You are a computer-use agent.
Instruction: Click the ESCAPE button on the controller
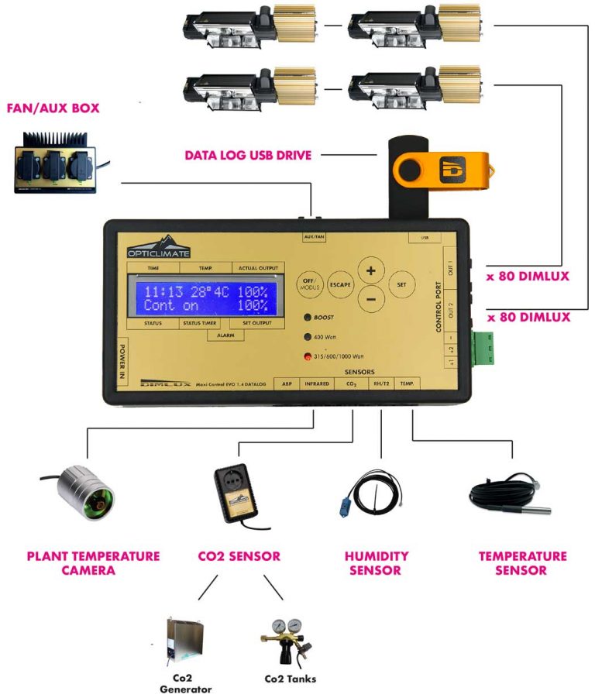click(x=340, y=284)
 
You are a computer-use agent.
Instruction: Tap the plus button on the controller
click(x=371, y=271)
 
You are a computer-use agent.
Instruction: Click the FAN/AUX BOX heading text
click(x=52, y=108)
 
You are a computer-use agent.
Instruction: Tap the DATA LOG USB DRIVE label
click(x=248, y=155)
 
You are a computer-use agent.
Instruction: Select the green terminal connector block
click(x=484, y=349)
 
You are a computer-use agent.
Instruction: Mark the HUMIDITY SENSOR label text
click(x=376, y=563)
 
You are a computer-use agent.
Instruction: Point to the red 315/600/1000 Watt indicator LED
click(x=308, y=356)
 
